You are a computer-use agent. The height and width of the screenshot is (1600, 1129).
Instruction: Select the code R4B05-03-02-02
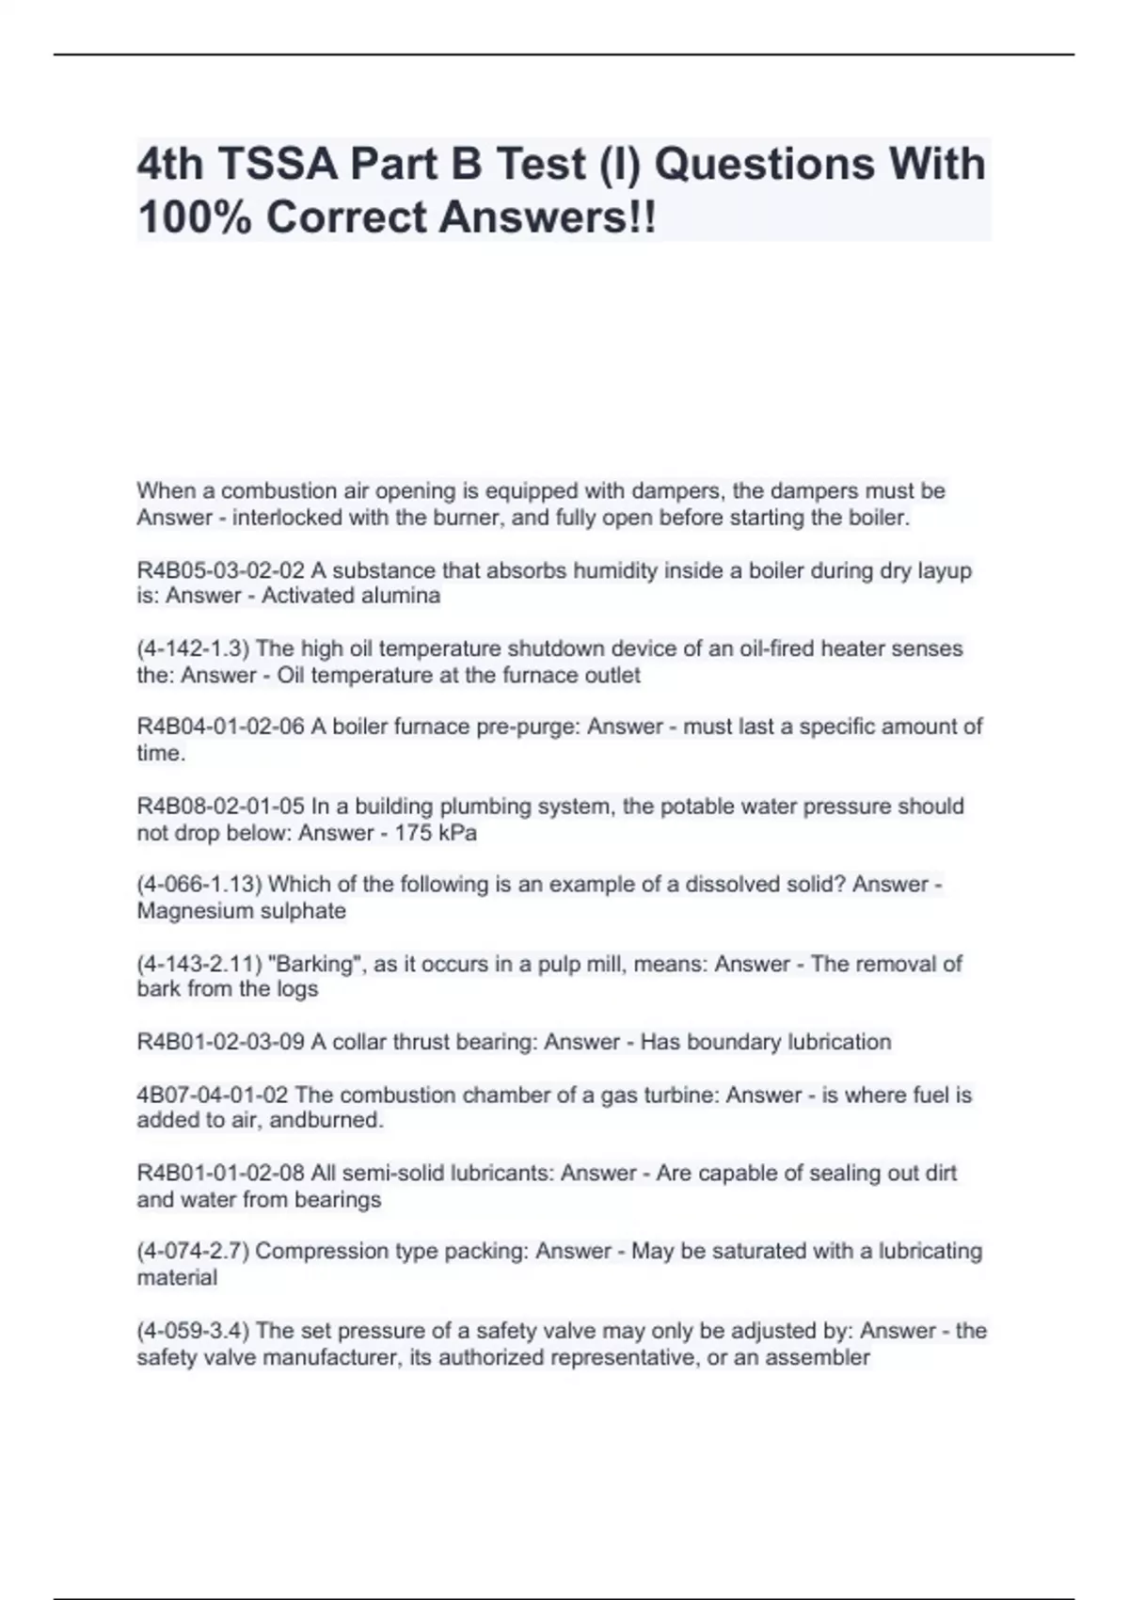click(x=220, y=570)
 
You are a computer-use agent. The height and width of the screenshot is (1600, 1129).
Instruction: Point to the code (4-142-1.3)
click(x=193, y=648)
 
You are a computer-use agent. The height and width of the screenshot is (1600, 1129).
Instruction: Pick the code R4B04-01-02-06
click(x=220, y=727)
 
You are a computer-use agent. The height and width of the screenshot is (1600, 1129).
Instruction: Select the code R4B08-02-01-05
click(x=220, y=807)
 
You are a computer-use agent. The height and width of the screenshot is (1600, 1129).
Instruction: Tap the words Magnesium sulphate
click(x=241, y=911)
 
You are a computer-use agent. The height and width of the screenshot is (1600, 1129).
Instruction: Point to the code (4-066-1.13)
click(x=199, y=885)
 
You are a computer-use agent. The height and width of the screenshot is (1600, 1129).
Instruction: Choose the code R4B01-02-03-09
click(x=220, y=1042)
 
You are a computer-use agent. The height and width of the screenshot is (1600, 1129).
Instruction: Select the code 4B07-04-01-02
click(x=213, y=1095)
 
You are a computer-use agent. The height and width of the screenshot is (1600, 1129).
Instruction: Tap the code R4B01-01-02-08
click(x=220, y=1173)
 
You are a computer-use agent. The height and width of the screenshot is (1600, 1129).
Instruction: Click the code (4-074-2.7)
click(x=193, y=1251)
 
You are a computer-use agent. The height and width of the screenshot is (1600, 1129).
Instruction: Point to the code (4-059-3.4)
click(x=193, y=1331)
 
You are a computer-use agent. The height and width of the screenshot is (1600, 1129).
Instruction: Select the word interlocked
click(x=286, y=518)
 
